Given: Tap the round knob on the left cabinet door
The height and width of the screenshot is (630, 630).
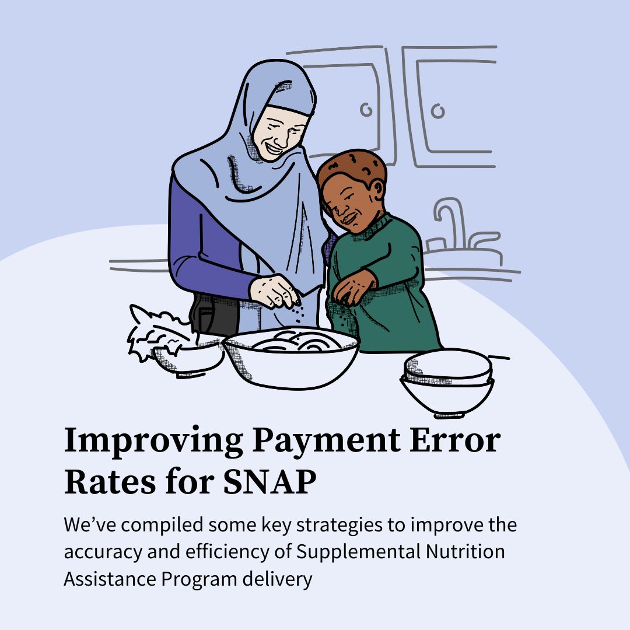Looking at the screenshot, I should coord(366,109).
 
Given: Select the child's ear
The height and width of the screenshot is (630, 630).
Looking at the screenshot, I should coord(377,189).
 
